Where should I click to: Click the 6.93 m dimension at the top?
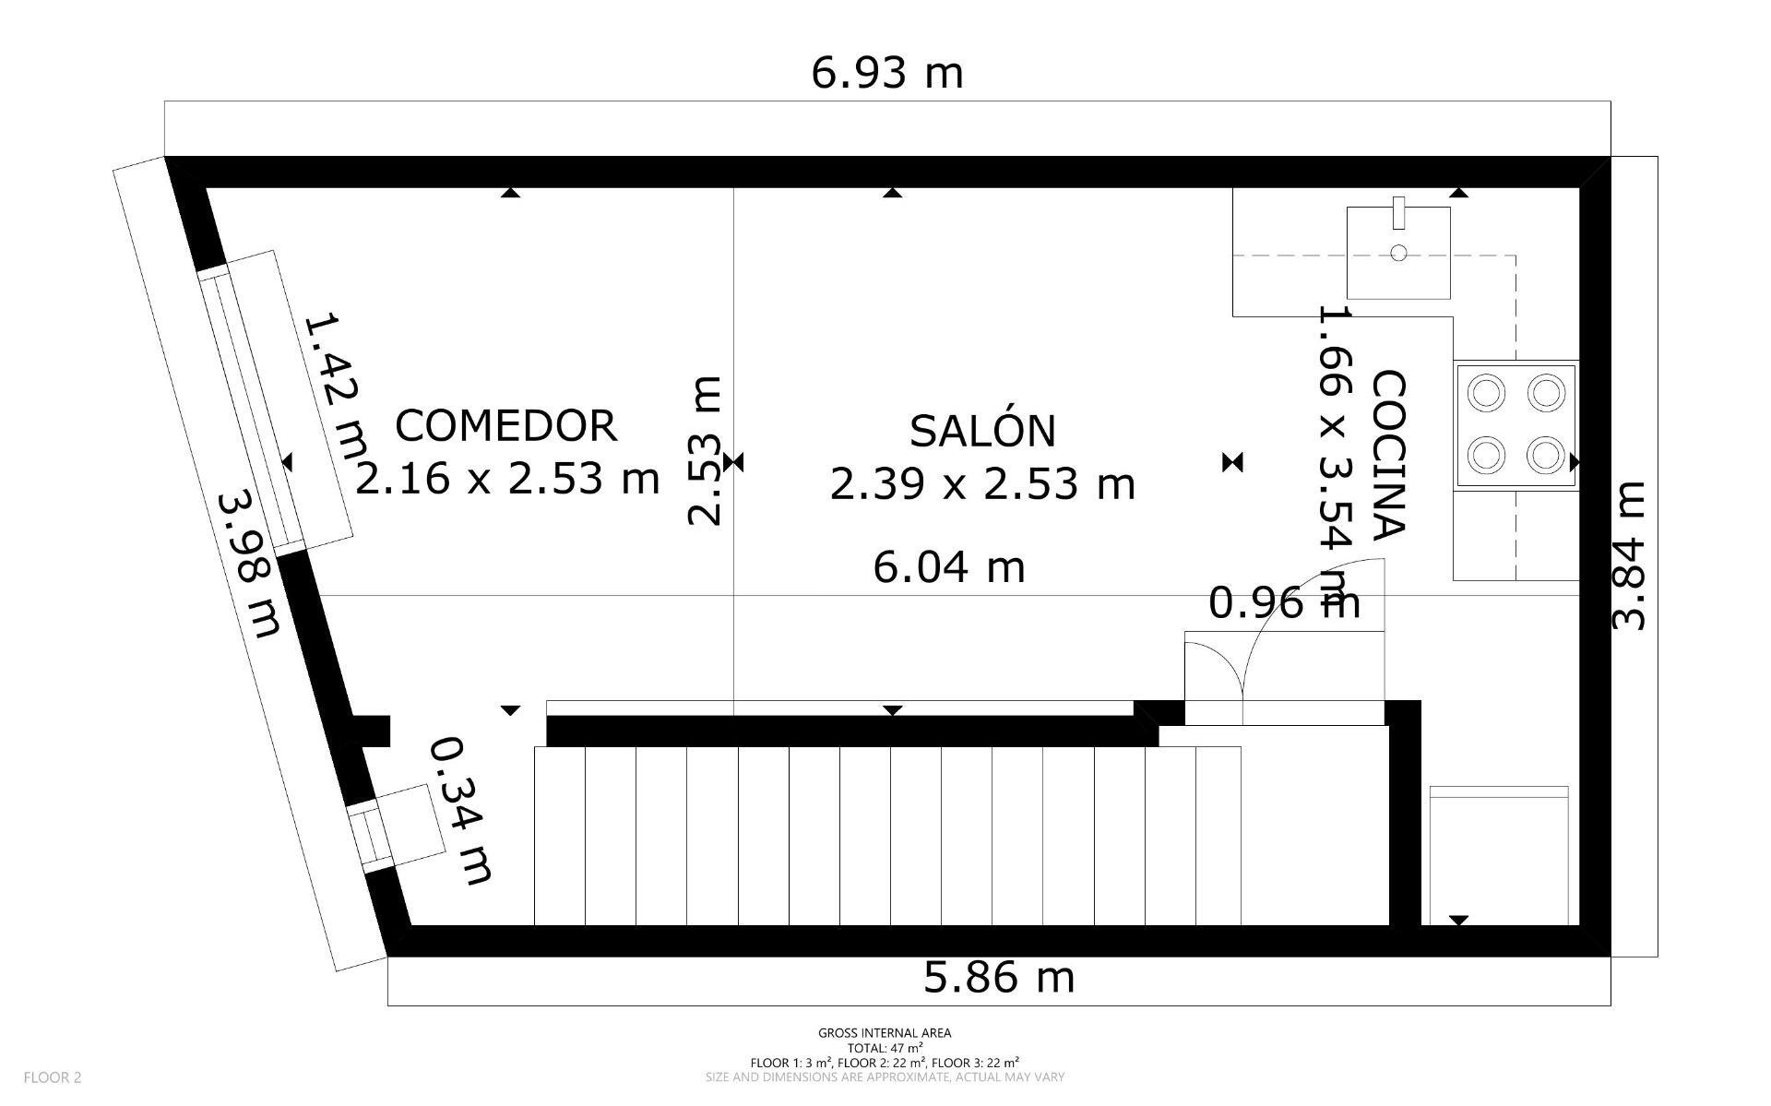887,73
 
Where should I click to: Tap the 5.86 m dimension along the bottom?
999,977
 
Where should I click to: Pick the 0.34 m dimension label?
461,810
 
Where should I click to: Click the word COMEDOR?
505,425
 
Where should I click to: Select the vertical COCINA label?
1387,454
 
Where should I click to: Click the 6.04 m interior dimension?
949,566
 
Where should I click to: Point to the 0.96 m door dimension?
1285,602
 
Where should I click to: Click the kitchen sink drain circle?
1398,253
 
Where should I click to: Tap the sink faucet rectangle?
1398,213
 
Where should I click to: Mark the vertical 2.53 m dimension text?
705,451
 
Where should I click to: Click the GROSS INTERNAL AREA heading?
885,1033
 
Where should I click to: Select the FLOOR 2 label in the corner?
53,1076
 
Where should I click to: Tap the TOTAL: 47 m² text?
885,1048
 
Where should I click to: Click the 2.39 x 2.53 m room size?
982,483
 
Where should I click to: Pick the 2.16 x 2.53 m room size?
506,478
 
